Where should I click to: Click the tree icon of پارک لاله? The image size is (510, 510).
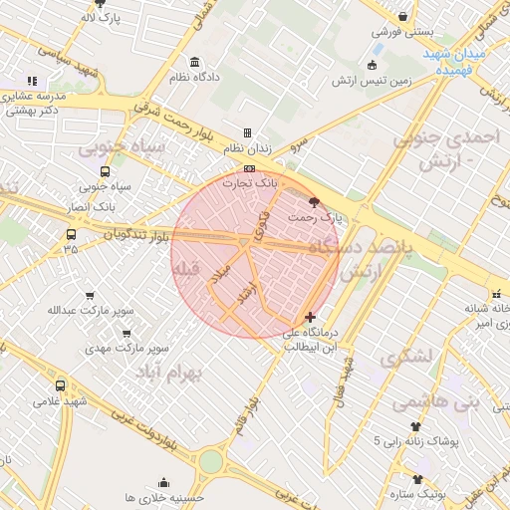tap(99, 4)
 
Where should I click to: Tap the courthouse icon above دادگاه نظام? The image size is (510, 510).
tap(193, 62)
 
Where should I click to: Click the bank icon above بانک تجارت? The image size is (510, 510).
tap(249, 168)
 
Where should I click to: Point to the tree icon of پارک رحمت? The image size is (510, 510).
tap(315, 201)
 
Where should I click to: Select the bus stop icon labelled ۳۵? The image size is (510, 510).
tap(70, 235)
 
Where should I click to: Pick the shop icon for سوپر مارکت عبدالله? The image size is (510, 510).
tap(91, 296)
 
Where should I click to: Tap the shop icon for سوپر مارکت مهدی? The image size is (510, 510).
tap(126, 335)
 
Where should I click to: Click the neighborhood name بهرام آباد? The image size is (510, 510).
tap(167, 372)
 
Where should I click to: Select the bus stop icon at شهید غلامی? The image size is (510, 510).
tap(60, 385)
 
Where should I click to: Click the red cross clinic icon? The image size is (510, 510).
tap(310, 316)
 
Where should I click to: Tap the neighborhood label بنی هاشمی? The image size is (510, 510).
tap(435, 402)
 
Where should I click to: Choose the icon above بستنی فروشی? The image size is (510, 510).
tap(402, 17)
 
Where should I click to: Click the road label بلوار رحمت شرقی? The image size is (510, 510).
tap(179, 122)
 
